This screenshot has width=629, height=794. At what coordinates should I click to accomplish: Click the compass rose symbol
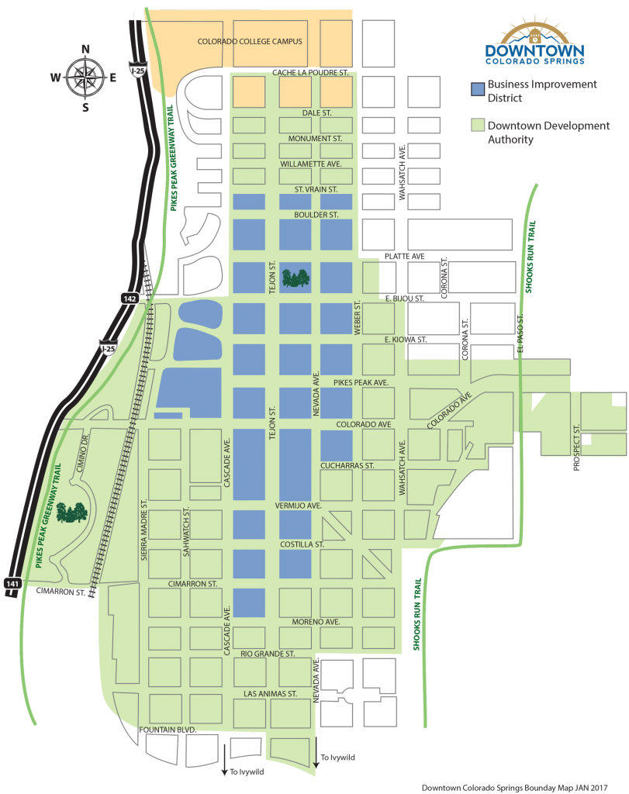pos(85,76)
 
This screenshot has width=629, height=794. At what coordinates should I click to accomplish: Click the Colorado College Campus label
pos(249,42)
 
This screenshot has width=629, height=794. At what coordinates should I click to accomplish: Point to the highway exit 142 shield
pos(129,298)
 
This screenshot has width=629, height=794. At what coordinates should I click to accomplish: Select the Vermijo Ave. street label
pos(298,506)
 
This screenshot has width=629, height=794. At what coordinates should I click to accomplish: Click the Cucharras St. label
pos(347,466)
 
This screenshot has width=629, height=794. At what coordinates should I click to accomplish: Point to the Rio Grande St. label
pos(268,654)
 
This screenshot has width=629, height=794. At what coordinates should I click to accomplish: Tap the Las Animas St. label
pos(271,693)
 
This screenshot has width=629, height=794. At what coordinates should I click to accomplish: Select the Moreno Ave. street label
pos(316,622)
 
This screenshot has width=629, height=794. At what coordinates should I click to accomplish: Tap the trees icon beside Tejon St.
pos(295,278)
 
